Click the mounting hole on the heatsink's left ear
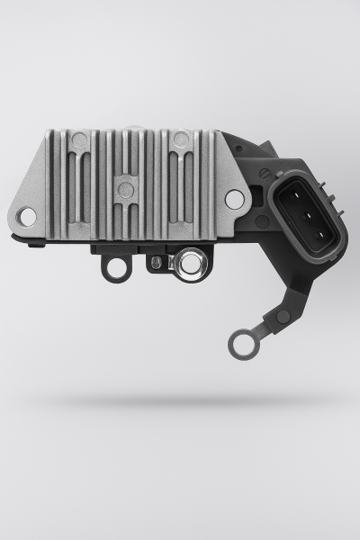tap(27, 216)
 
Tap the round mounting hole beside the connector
tap(234, 199)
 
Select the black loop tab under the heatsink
tap(113, 268)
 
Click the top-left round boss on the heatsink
tap(80, 140)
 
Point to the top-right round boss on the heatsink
tap(180, 139)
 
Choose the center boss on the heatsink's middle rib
tap(126, 190)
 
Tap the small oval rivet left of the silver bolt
tap(156, 262)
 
